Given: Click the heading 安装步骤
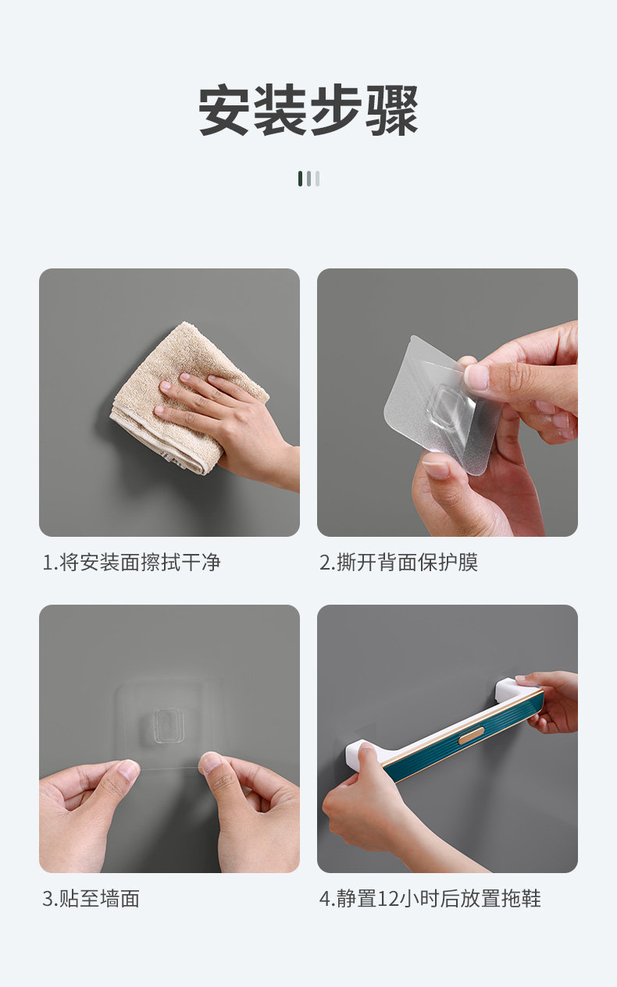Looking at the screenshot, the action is pyautogui.click(x=308, y=110).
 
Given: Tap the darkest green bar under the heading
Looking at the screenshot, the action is pyautogui.click(x=301, y=179).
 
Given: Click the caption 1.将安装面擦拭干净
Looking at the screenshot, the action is pyautogui.click(x=131, y=563).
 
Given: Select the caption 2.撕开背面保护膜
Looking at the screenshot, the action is pyautogui.click(x=398, y=563).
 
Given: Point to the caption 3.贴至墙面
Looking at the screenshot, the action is pyautogui.click(x=91, y=899).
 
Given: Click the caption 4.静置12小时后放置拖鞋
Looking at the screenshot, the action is pyautogui.click(x=430, y=899).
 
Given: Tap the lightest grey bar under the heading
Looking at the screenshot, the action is pyautogui.click(x=317, y=179).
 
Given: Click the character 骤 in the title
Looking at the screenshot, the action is pyautogui.click(x=391, y=110).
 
